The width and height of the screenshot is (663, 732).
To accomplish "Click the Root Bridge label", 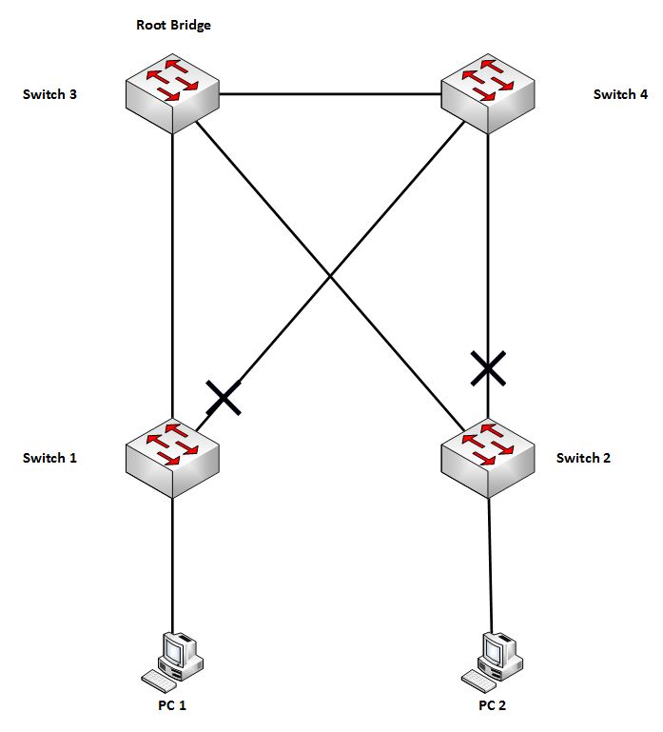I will pyautogui.click(x=173, y=26).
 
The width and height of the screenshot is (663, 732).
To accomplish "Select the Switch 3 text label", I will pyautogui.click(x=49, y=94).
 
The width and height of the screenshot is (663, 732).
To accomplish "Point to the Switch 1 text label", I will pyautogui.click(x=49, y=458).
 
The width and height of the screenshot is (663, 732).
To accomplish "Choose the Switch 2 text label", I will pyautogui.click(x=583, y=458).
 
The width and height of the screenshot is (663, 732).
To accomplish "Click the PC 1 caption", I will pyautogui.click(x=172, y=705).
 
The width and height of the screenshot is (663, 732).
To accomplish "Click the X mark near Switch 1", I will pyautogui.click(x=223, y=397).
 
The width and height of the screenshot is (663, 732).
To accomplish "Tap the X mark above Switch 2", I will pyautogui.click(x=488, y=367).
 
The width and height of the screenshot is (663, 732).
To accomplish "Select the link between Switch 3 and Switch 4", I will pyautogui.click(x=330, y=94).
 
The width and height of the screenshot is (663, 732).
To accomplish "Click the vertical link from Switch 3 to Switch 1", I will pyautogui.click(x=172, y=276).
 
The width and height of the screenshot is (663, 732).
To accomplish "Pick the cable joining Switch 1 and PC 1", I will pyautogui.click(x=172, y=562).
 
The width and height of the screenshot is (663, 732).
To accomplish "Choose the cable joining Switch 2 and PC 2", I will pyautogui.click(x=490, y=562).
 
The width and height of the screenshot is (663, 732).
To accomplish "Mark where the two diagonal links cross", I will pyautogui.click(x=330, y=277).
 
